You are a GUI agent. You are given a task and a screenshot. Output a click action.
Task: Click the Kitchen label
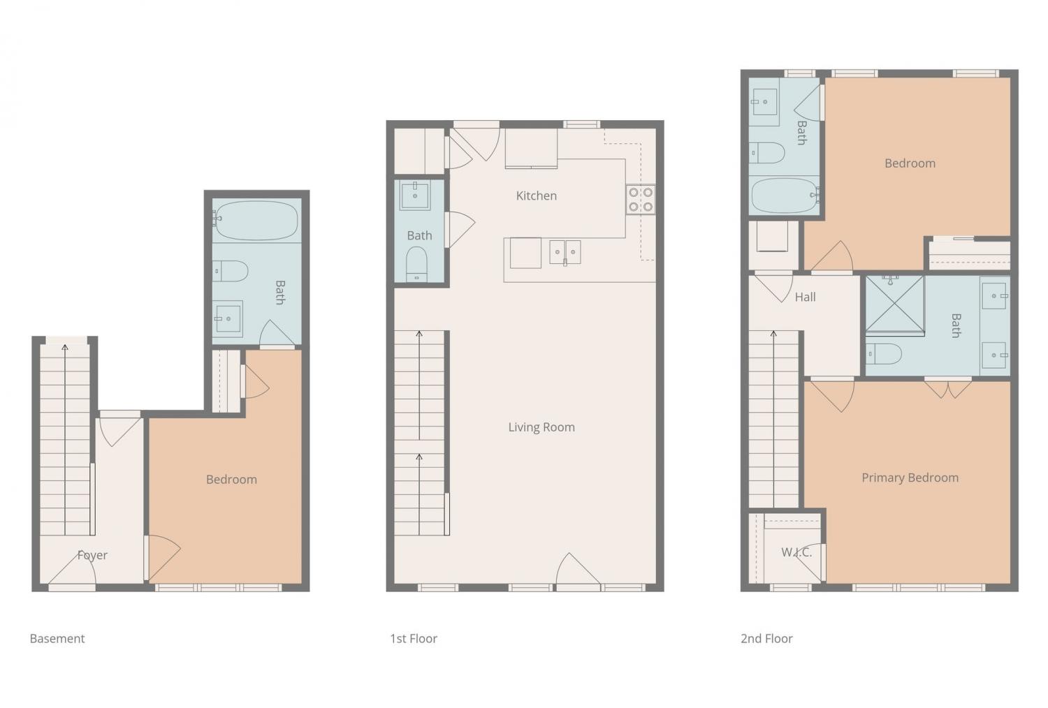[x=536, y=196]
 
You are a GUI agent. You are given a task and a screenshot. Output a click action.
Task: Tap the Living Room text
[x=541, y=427]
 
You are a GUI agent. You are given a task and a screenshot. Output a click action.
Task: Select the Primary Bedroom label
[x=910, y=478]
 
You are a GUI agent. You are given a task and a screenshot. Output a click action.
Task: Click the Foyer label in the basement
[x=92, y=555]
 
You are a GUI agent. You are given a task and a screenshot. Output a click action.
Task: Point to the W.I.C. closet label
[x=796, y=552]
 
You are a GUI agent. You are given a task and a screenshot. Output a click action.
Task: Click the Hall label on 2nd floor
[x=805, y=297]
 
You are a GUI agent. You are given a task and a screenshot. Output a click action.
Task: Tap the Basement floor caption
[x=57, y=638]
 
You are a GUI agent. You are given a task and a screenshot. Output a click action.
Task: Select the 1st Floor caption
[x=414, y=638]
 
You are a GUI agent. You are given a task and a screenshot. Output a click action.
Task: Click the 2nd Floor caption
[x=766, y=638]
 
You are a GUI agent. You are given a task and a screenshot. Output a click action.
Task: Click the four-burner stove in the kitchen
[x=641, y=200]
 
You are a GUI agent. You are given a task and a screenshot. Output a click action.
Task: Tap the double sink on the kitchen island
[x=565, y=252]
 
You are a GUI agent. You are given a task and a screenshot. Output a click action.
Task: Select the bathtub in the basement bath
[x=256, y=220]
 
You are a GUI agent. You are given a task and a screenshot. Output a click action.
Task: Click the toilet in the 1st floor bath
[x=416, y=264]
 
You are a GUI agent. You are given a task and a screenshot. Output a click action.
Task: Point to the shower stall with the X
[x=894, y=304]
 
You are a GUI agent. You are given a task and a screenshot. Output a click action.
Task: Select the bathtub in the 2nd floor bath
[x=785, y=196]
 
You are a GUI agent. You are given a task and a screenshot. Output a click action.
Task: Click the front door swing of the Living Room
[x=577, y=569]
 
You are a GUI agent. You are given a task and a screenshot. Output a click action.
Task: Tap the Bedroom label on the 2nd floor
[x=910, y=163]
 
